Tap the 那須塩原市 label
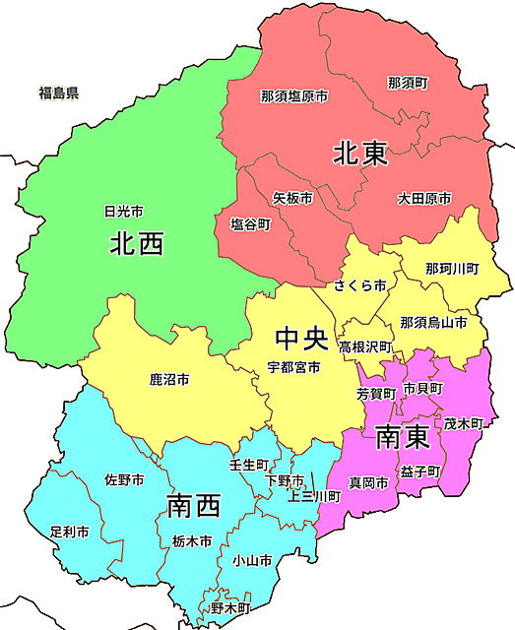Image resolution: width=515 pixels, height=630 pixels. (x=294, y=96)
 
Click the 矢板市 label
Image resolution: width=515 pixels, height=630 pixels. (x=292, y=199)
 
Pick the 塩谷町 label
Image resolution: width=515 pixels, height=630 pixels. (x=250, y=224)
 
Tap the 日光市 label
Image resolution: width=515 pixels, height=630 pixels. (x=124, y=212)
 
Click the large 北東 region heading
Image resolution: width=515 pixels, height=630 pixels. (x=359, y=154)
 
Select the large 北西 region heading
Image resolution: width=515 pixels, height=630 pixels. (x=136, y=243)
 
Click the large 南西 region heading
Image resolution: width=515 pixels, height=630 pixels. (x=193, y=507)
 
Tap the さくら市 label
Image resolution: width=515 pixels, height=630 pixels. (x=359, y=285)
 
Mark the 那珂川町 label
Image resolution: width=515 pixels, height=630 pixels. (x=452, y=269)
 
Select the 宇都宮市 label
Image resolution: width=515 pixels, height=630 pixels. (x=293, y=368)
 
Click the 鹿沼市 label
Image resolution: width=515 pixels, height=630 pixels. (x=169, y=379)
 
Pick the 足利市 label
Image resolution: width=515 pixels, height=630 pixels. (x=69, y=532)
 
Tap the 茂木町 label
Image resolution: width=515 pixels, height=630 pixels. (x=463, y=423)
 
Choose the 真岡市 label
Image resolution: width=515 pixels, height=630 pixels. (x=367, y=482)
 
